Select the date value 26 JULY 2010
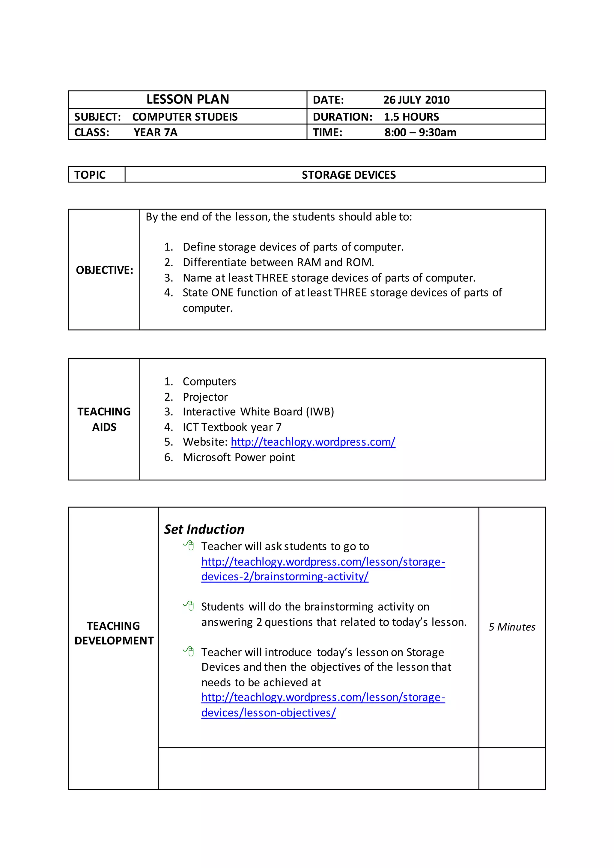click(416, 100)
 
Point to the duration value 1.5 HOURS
click(411, 117)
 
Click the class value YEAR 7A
click(155, 132)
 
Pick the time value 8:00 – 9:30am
click(420, 132)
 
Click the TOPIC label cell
click(90, 175)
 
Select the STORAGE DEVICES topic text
click(349, 175)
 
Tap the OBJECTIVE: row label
click(104, 270)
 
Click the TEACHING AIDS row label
click(104, 419)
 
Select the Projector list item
click(205, 397)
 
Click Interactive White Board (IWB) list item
click(258, 412)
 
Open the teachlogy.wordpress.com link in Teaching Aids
click(313, 442)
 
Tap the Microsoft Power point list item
click(239, 457)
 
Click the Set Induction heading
click(204, 529)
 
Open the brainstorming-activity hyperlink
click(285, 577)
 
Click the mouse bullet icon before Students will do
click(189, 606)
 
